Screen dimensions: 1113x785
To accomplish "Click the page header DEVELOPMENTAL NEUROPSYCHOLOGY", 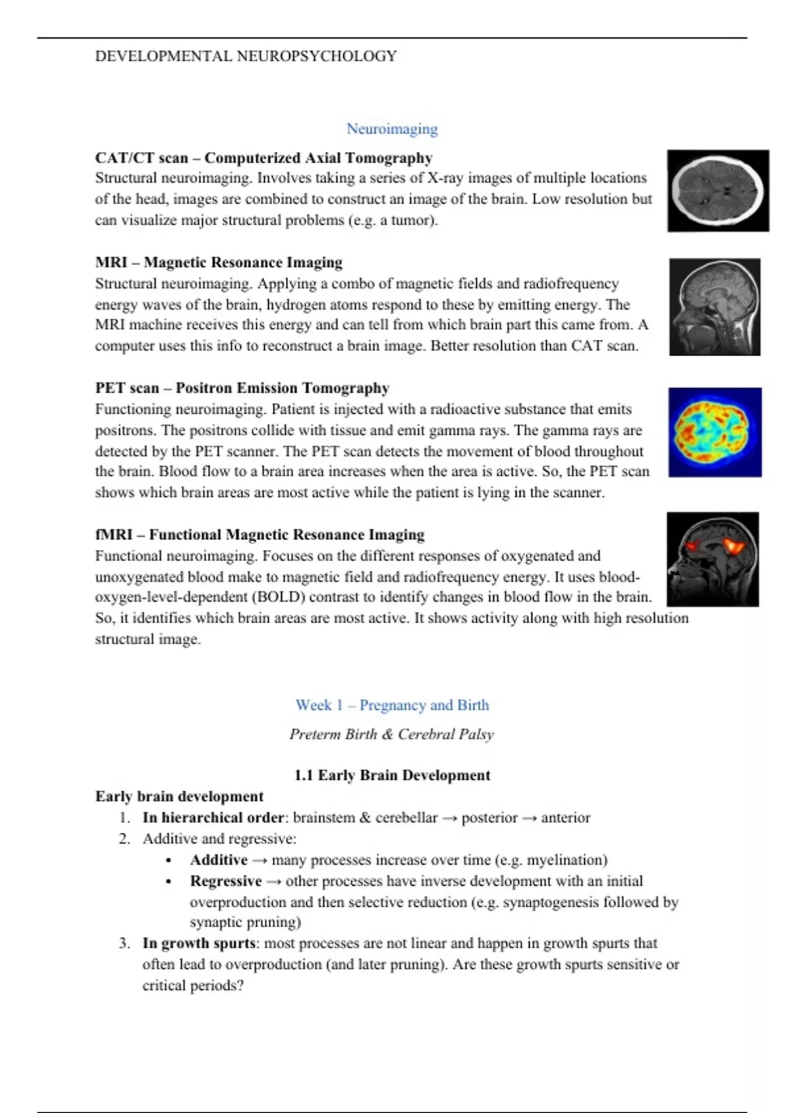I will [x=246, y=56].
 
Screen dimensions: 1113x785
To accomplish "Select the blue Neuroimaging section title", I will [x=392, y=129].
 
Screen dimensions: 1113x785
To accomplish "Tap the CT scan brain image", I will [x=718, y=191].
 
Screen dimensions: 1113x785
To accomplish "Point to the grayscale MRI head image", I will [x=714, y=307].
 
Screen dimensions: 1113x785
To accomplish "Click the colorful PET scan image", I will [x=714, y=432].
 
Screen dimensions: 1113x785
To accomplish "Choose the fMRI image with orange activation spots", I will [x=713, y=559].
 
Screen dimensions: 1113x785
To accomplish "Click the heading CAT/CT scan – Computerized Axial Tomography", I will [x=264, y=158].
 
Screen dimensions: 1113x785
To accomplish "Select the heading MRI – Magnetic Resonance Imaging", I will [x=218, y=263].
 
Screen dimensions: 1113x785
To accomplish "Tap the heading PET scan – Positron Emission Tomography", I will [x=242, y=388].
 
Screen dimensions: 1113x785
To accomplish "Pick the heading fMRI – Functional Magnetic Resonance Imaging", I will [x=260, y=535].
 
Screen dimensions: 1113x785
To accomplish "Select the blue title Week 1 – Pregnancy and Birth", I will [x=392, y=705].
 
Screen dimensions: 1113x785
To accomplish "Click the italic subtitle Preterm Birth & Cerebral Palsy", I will [x=392, y=735].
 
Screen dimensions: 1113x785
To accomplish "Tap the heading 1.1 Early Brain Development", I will [x=392, y=776].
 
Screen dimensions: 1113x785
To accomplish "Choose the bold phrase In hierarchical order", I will [x=213, y=818].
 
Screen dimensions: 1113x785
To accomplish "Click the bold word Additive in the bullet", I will [x=218, y=860].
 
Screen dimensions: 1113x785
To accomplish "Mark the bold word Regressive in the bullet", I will [x=226, y=881].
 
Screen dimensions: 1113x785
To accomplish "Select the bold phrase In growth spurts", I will [x=199, y=943].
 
